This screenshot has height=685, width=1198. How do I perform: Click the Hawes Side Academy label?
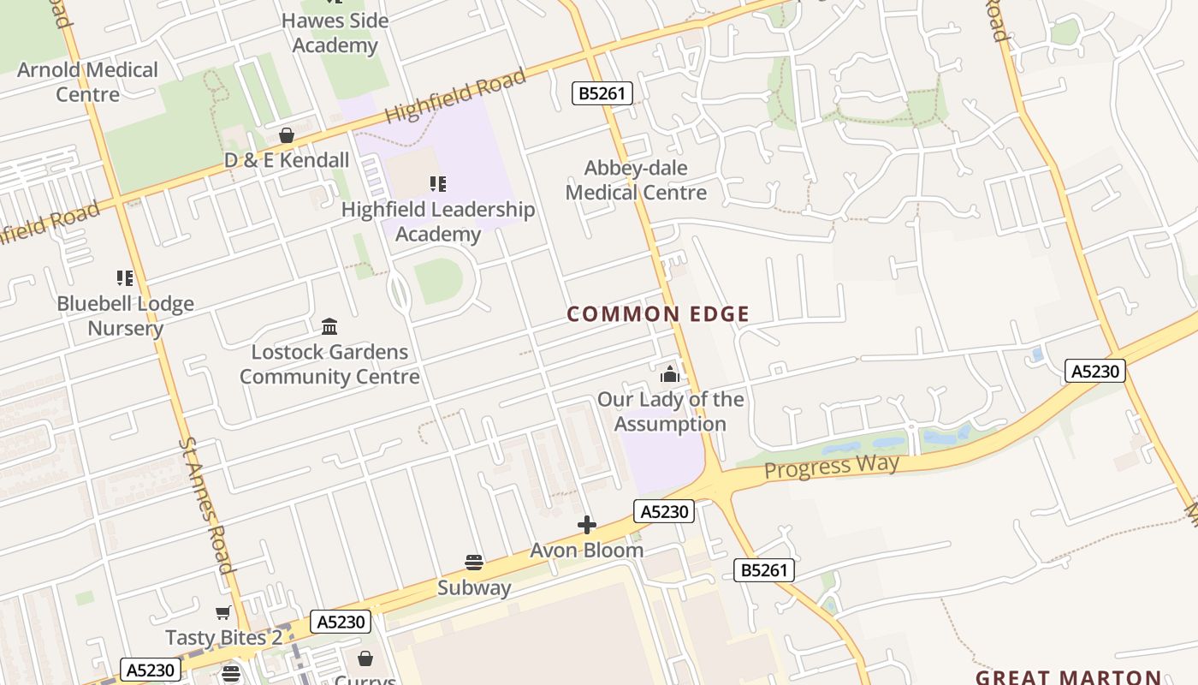pos(335,33)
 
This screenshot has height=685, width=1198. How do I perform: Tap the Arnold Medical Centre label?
pos(87,82)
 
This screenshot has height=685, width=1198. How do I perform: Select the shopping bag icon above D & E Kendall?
pos(287,135)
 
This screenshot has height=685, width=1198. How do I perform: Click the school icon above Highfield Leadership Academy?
pos(438,183)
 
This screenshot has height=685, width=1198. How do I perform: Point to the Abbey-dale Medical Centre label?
pos(636,181)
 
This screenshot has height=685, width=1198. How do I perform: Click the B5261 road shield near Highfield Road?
pos(602,92)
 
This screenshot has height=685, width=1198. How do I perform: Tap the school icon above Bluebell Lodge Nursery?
pos(125,277)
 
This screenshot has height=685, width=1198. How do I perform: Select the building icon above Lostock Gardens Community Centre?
pos(329,326)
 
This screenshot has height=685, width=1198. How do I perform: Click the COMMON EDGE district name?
pos(658,314)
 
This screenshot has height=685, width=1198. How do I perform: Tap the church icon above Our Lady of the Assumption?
pos(669,374)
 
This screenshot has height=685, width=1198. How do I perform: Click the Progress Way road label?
pos(831,467)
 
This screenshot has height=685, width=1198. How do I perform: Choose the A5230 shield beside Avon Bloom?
pos(664,511)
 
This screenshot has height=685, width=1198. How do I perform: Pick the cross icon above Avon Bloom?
pos(587,525)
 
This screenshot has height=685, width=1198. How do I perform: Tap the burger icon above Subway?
pos(474,563)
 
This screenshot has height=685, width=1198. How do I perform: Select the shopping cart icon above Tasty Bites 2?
pos(223,612)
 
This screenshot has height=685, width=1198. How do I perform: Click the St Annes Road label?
pos(206,505)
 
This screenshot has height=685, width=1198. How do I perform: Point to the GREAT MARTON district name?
pos(1068,676)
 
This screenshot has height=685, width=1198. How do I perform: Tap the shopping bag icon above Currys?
pos(365,658)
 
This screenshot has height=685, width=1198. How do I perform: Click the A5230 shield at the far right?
pos(1094,371)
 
